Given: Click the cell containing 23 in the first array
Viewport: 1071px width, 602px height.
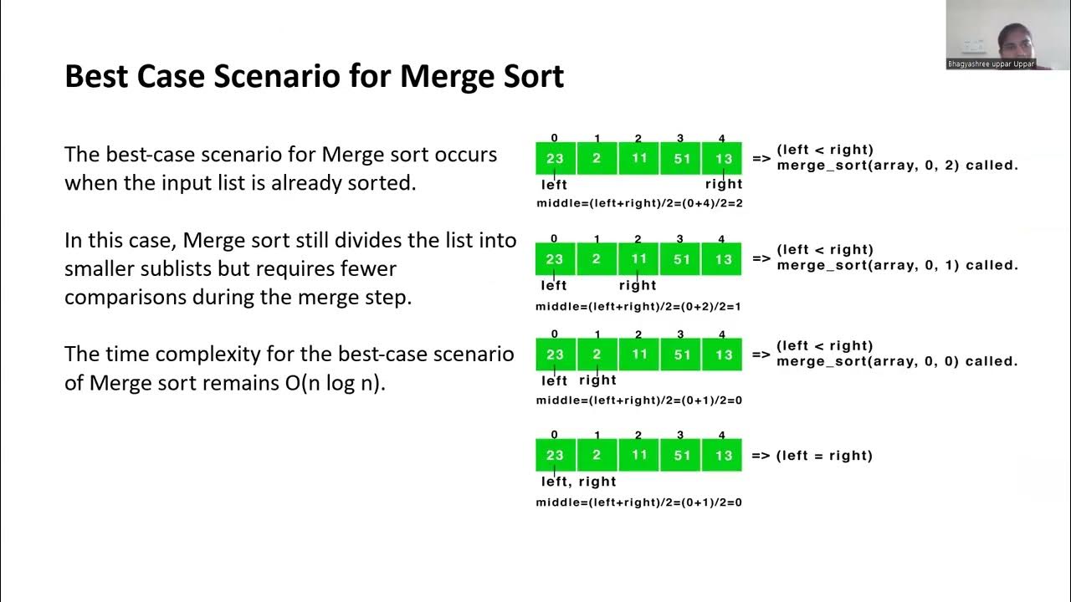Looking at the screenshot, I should (555, 158).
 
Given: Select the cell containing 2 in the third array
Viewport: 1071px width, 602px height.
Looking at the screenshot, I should (597, 355).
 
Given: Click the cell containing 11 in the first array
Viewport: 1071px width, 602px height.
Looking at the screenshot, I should (638, 158).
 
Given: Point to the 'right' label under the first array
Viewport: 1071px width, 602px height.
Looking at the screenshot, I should (724, 184).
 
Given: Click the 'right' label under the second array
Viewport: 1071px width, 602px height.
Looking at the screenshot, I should (638, 285).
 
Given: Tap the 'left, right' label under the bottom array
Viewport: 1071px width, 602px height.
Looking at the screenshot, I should (578, 482).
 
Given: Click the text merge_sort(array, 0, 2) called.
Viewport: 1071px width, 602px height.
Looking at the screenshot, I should (897, 166).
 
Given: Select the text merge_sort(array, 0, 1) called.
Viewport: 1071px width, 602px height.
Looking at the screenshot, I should (897, 266).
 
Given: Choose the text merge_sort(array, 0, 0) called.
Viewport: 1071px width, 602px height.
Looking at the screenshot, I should (897, 362).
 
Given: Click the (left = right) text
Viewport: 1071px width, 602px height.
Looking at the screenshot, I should (824, 456).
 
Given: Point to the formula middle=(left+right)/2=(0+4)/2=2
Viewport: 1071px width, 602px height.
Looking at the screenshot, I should (639, 203).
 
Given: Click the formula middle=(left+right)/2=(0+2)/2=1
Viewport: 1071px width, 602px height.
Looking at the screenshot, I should (638, 306).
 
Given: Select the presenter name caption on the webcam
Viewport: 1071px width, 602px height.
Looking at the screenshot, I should (991, 64).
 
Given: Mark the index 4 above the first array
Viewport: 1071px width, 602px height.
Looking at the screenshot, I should (722, 139).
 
